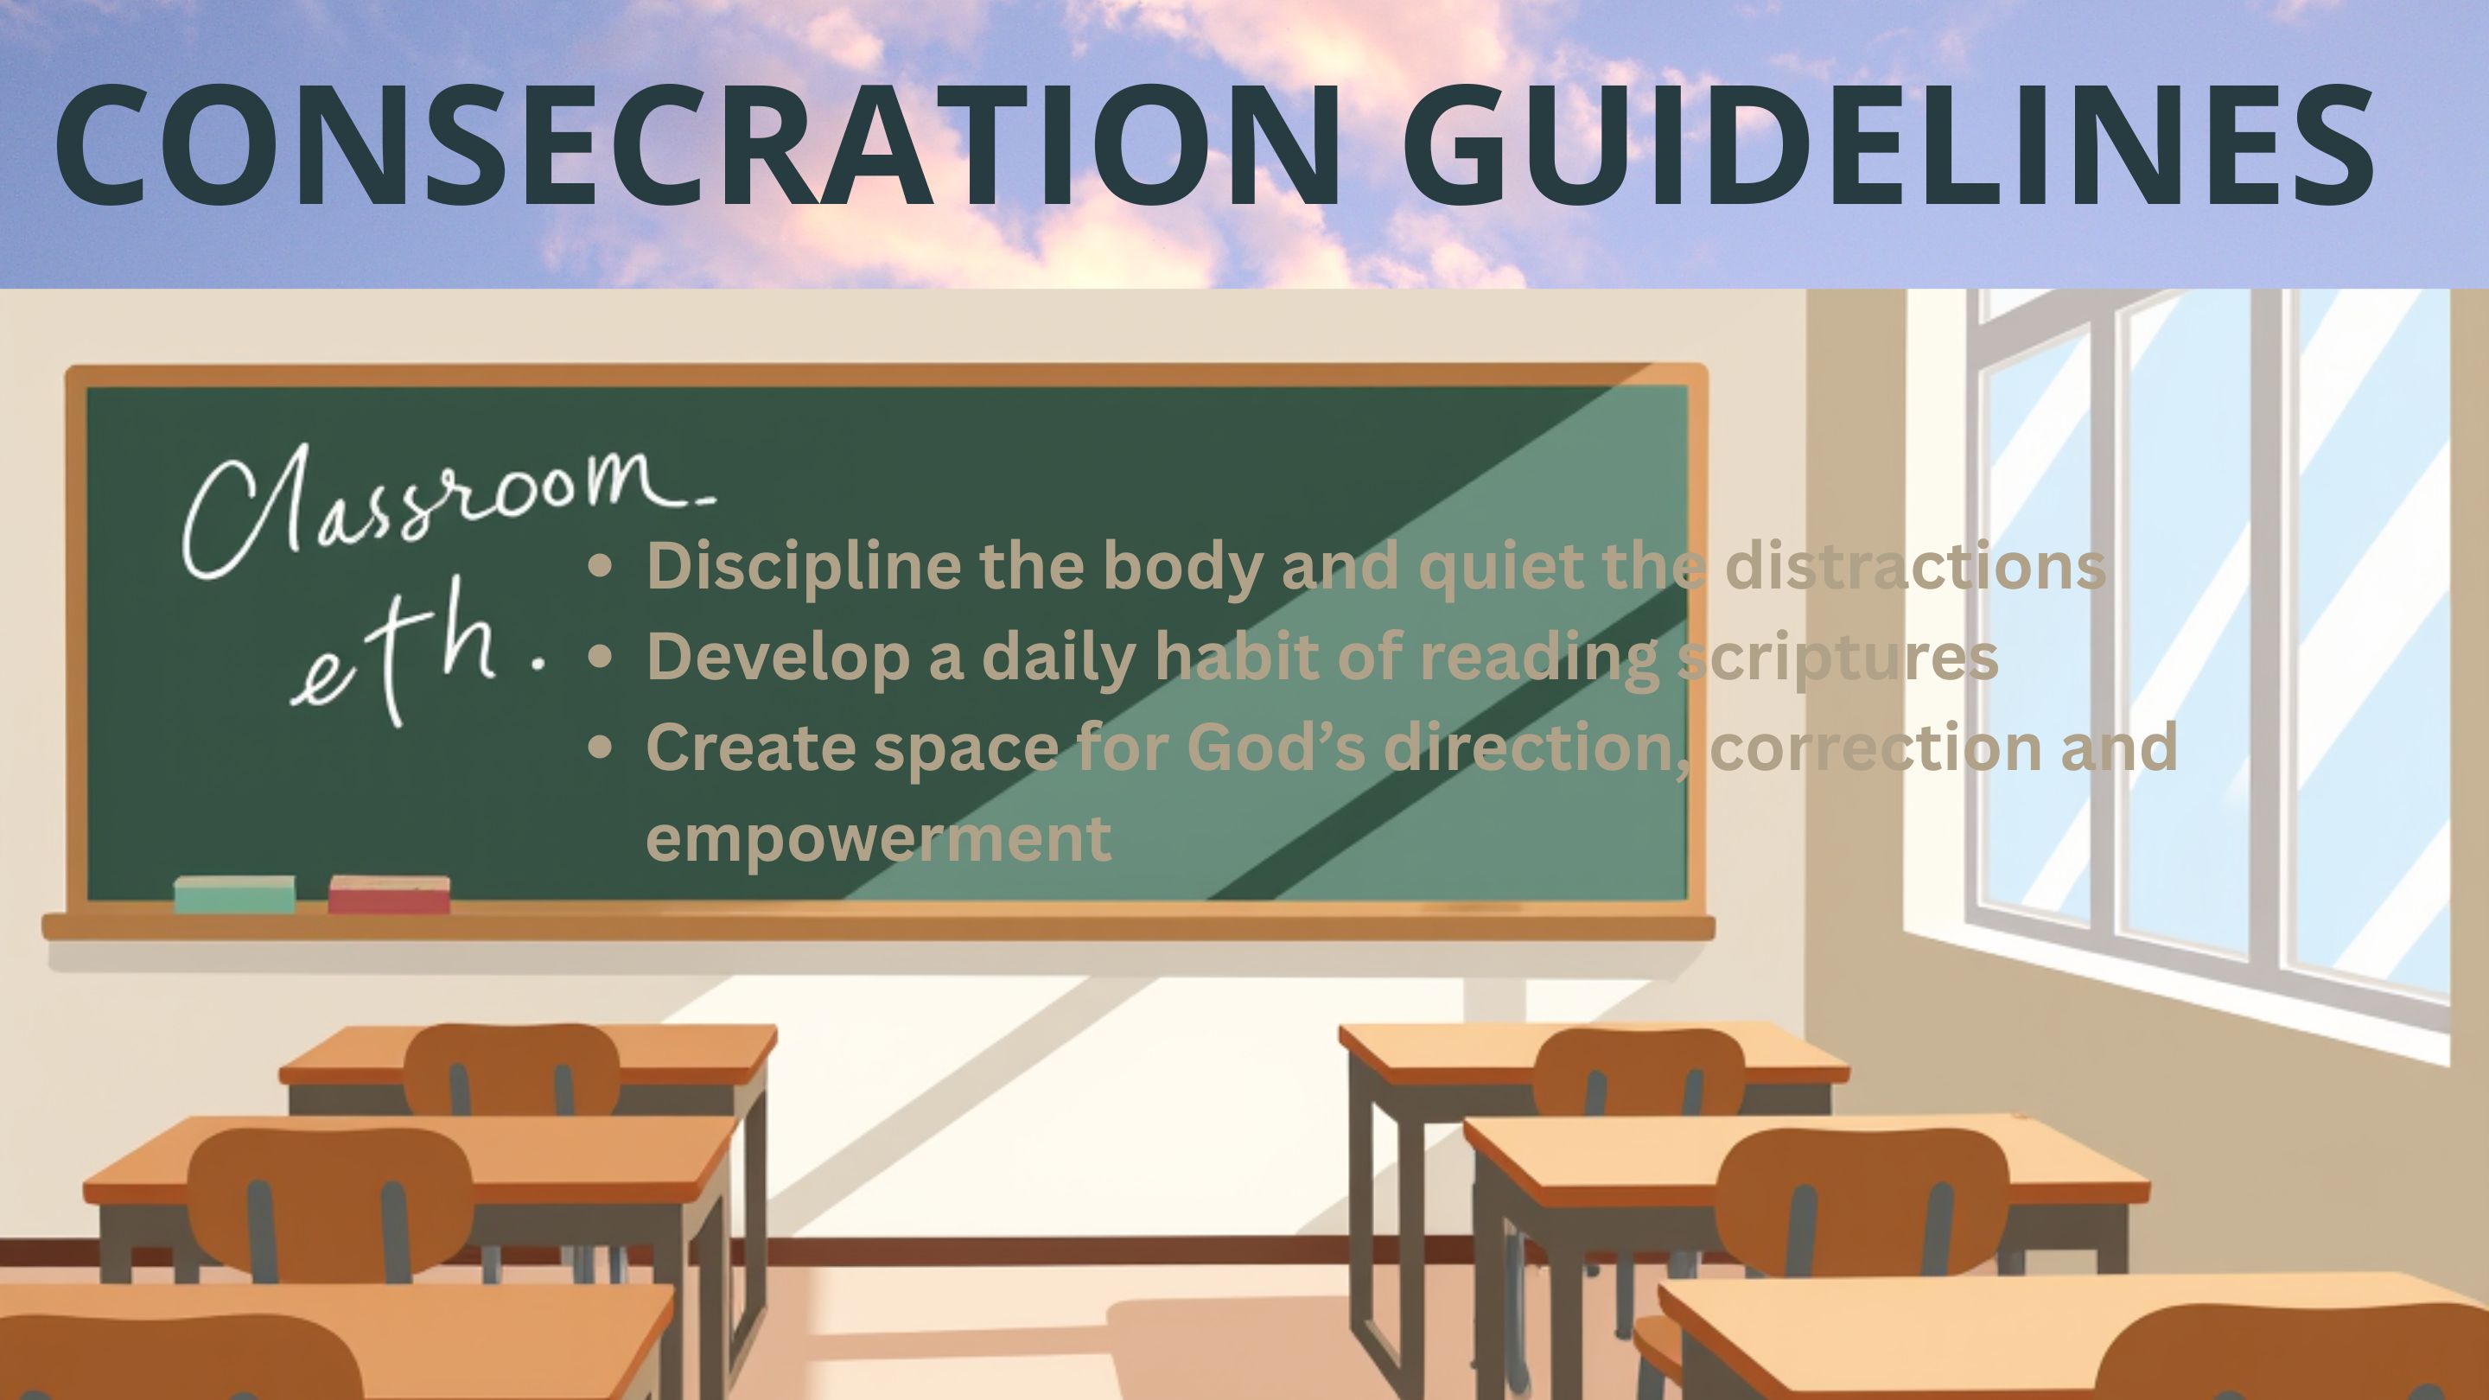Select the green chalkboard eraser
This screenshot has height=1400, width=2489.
coord(235,894)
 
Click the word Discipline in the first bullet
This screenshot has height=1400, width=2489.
coord(804,567)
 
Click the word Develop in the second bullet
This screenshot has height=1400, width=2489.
coord(778,658)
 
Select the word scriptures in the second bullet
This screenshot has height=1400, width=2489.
coord(1837,658)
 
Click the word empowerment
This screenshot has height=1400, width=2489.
coord(878,838)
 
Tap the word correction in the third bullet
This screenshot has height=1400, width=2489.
coord(1875,748)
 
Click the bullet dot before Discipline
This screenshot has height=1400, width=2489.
coord(600,567)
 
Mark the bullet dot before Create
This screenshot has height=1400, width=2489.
coord(600,748)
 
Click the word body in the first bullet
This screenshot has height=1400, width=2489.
coord(1182,567)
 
